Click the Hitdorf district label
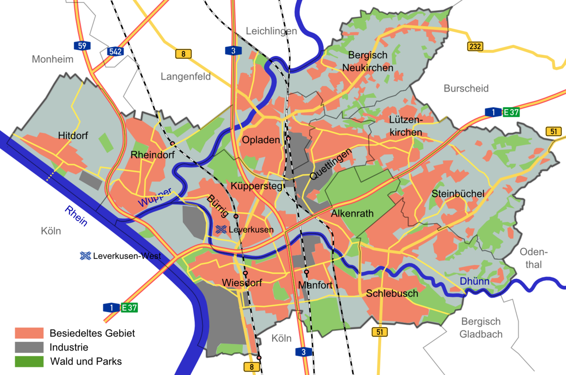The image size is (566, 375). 73,135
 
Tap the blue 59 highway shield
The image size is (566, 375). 82,46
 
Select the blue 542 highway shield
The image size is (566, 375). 115,51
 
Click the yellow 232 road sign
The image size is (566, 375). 475,46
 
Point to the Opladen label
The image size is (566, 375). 261,140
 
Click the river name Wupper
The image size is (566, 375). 155,198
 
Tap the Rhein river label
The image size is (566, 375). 76,216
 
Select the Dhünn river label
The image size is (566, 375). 474,281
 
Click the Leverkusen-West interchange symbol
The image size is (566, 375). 85,256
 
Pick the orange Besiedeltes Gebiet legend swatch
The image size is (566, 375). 29,333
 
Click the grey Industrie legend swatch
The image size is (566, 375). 29,347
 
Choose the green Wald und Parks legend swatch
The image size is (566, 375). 29,362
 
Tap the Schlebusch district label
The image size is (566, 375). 392,293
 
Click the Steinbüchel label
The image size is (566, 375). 458,194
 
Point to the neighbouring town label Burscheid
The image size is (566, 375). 466,89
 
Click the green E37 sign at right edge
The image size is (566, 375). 511,112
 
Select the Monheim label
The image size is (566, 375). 53,59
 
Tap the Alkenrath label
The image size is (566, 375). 352,214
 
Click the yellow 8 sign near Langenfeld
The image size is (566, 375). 183,54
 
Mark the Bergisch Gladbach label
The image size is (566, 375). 481,328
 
